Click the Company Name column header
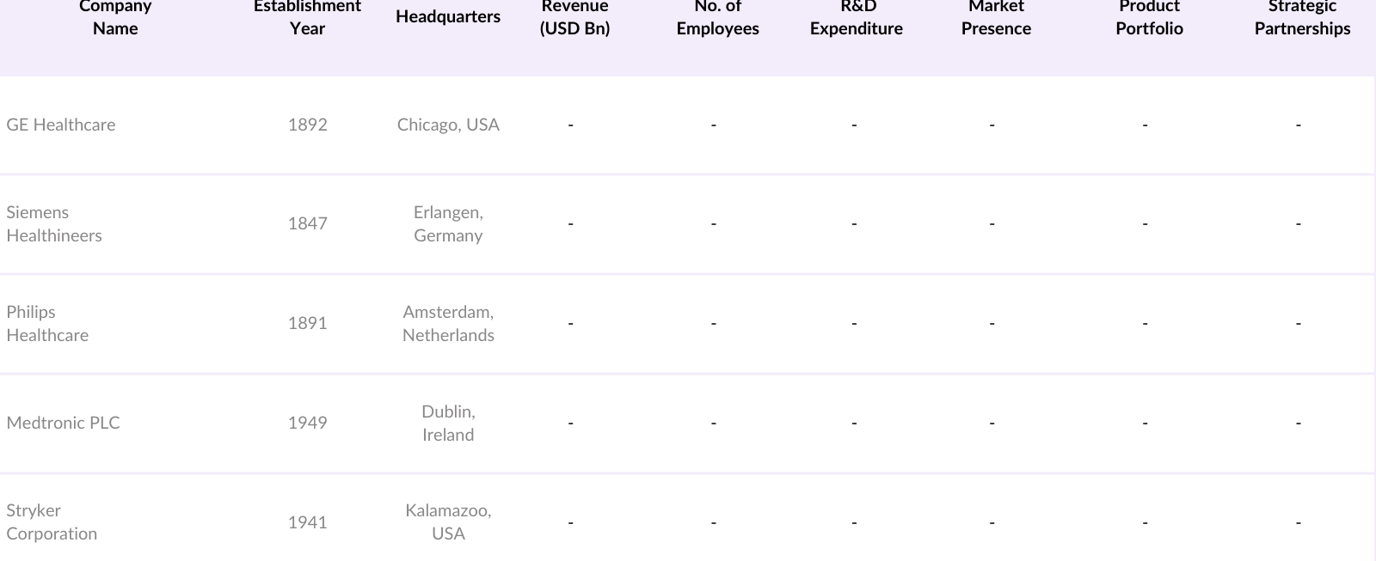(115, 17)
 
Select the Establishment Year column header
(307, 17)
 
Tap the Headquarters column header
(448, 16)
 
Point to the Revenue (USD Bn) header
(574, 17)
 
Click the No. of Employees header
(717, 17)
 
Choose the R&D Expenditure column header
(857, 17)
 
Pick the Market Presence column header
(996, 17)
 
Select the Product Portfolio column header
(1149, 17)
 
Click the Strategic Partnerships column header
(1302, 17)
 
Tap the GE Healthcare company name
(61, 125)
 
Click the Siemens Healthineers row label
(54, 223)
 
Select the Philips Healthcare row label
(47, 323)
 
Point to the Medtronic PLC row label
(63, 423)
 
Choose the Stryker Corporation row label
(52, 521)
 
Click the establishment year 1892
(307, 125)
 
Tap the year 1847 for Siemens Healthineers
(307, 223)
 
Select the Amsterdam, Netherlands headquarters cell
(448, 323)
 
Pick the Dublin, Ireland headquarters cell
(448, 423)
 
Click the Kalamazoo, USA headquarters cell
(448, 521)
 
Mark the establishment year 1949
(307, 423)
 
